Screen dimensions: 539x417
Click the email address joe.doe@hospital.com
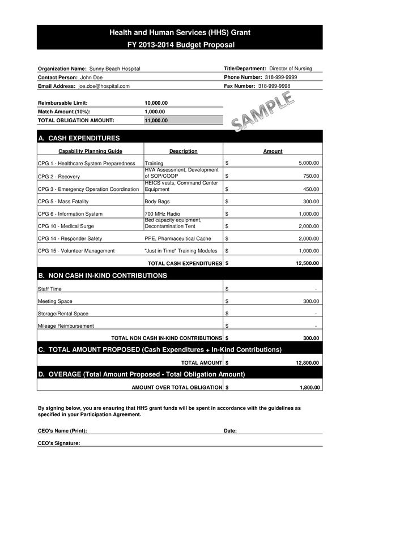coord(104,86)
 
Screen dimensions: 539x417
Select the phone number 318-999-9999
coord(280,77)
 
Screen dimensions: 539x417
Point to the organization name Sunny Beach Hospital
coord(115,69)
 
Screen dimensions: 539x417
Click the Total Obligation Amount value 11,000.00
coord(156,121)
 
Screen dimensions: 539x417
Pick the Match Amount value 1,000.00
coord(155,112)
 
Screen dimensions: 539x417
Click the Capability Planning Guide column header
coord(90,151)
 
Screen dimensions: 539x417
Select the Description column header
coord(183,151)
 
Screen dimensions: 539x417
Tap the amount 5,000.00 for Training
coord(309,163)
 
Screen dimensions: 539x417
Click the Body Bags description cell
coord(156,202)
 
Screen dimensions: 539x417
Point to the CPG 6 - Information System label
coord(70,214)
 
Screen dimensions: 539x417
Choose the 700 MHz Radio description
coord(162,214)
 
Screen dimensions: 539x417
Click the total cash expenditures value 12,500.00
coord(307,263)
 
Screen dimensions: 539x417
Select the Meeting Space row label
coord(55,301)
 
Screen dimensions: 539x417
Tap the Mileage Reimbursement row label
coord(66,326)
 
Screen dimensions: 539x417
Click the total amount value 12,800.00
coord(307,363)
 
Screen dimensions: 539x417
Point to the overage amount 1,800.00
coord(309,387)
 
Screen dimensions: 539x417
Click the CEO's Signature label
coord(59,443)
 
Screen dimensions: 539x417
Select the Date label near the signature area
coord(230,431)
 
